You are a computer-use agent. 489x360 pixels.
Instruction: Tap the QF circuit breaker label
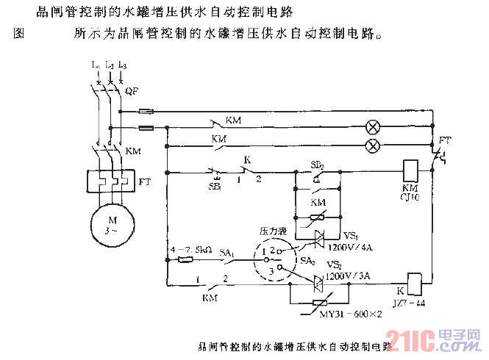point(132,91)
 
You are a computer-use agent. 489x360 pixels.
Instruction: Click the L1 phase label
point(95,66)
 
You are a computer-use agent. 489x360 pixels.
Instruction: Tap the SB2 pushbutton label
point(318,164)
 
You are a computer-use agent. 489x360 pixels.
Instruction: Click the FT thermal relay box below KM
point(109,181)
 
